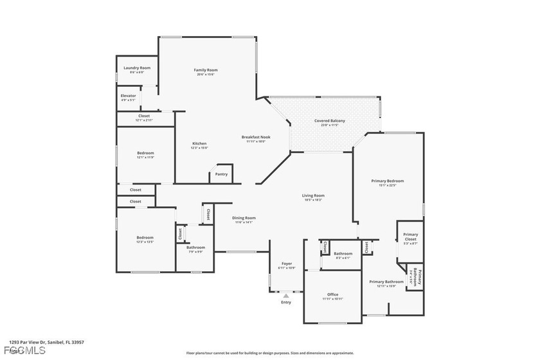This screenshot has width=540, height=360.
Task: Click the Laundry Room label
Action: tap(136, 67)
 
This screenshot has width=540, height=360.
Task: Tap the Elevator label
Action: tap(128, 96)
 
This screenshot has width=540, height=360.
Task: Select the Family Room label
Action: tap(206, 69)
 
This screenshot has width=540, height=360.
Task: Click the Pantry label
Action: tap(221, 174)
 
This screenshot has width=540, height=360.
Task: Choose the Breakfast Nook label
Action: tap(256, 136)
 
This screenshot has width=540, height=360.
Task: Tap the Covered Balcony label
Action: tap(329, 121)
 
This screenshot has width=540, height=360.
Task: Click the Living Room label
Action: tap(314, 195)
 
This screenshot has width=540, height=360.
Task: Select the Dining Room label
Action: tap(244, 218)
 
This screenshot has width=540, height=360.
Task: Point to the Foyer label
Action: tap(287, 264)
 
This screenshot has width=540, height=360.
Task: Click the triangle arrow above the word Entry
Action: tap(286, 296)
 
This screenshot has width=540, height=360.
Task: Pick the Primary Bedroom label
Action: tap(387, 181)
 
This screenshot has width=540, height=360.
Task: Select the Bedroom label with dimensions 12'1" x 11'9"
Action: tap(145, 152)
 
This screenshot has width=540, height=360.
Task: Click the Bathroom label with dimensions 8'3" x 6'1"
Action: tap(343, 253)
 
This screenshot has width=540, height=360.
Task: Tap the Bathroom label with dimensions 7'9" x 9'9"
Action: tap(195, 248)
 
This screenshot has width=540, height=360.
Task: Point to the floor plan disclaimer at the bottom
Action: tap(269, 353)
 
